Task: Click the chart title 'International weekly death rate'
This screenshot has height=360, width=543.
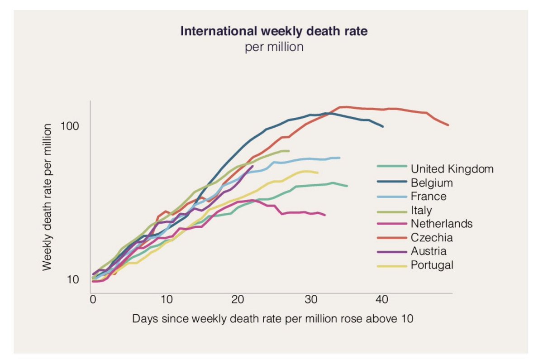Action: [x=274, y=32]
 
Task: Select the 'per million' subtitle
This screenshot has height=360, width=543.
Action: [x=274, y=47]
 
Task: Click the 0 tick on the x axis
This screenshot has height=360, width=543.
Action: [x=93, y=299]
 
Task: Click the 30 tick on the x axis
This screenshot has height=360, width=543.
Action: [x=310, y=299]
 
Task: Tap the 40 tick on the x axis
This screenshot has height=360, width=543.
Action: [x=382, y=299]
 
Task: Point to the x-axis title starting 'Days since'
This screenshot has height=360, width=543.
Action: [x=273, y=318]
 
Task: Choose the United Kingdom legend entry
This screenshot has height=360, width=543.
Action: [x=452, y=169]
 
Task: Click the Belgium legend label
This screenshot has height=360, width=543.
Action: [x=432, y=183]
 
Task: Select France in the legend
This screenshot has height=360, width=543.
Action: [x=429, y=197]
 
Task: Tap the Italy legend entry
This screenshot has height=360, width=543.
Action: [x=421, y=210]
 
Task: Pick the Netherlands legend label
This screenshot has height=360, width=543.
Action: [x=442, y=224]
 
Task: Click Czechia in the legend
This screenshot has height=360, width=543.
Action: [x=432, y=237]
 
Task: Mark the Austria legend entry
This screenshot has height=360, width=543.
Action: [x=429, y=251]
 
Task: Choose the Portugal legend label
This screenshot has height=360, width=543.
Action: [x=432, y=264]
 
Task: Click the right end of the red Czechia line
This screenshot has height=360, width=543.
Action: [x=448, y=125]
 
